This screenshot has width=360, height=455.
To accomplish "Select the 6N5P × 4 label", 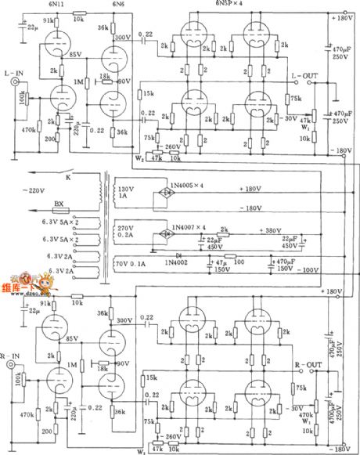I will pyautogui.click(x=227, y=5).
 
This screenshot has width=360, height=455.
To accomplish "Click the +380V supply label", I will pyautogui.click(x=271, y=232).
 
